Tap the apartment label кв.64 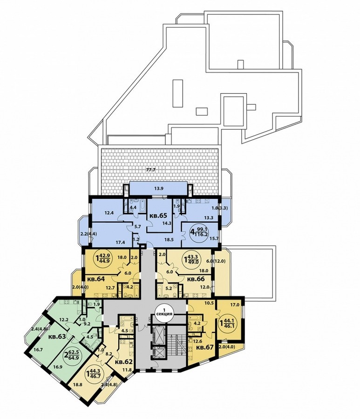pos(95,279)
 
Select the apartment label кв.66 pos(196,279)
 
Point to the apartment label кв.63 pos(57,337)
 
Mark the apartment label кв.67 pos(205,348)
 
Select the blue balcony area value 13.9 pos(159,188)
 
